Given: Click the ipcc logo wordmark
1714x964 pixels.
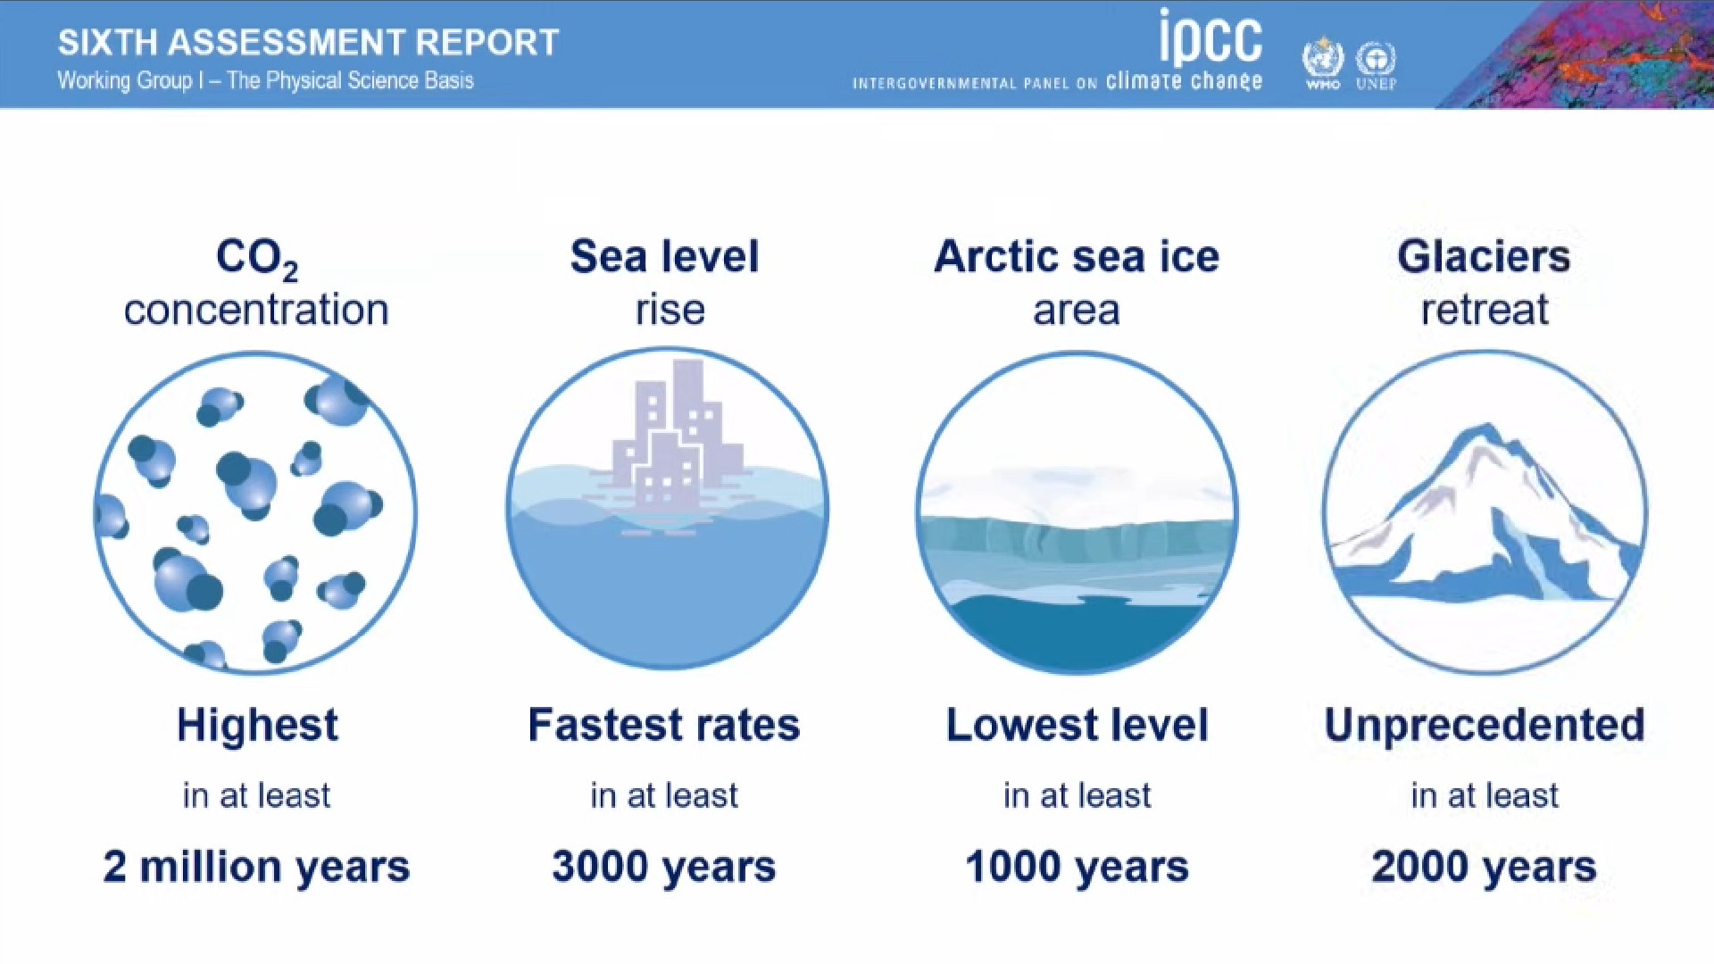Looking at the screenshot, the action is click(x=1211, y=37).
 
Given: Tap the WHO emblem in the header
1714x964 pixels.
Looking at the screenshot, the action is click(x=1323, y=63).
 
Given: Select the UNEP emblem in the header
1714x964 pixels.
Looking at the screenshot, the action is click(x=1376, y=65).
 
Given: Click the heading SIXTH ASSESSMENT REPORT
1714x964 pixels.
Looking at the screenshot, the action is click(x=308, y=42).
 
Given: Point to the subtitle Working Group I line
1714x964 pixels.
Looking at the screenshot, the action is click(x=265, y=80).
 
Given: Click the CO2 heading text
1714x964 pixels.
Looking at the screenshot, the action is click(x=257, y=259).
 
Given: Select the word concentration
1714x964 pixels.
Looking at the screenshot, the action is click(x=256, y=310).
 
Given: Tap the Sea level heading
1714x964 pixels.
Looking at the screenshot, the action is click(x=665, y=256).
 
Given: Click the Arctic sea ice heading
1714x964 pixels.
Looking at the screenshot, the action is click(x=1077, y=256).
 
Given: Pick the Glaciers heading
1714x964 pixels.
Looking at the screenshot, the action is click(x=1484, y=256).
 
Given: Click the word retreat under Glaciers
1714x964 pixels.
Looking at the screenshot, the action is click(x=1485, y=310).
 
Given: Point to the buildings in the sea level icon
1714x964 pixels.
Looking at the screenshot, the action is click(x=678, y=436).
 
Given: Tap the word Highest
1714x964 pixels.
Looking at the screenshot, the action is click(x=257, y=725).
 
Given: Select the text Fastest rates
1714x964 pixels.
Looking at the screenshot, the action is click(x=664, y=725).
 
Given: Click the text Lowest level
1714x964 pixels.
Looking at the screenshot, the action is click(x=1077, y=725).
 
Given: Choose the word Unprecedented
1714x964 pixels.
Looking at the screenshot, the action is click(x=1485, y=726).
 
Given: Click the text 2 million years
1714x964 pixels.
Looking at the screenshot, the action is click(x=257, y=868).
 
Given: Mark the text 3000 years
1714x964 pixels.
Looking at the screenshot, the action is click(x=664, y=868).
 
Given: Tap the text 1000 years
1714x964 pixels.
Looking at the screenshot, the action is click(x=1077, y=868).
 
